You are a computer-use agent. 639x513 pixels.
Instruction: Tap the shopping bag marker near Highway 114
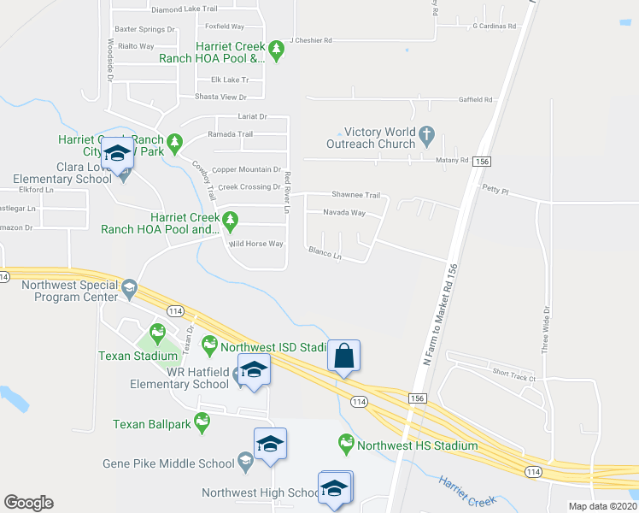click(x=343, y=356)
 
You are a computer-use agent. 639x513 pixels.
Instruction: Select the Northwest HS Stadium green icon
click(x=346, y=444)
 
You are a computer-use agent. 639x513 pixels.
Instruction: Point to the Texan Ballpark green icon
click(x=202, y=422)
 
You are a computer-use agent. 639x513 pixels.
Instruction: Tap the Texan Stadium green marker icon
click(x=158, y=332)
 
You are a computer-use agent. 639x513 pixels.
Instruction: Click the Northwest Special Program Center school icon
click(x=129, y=287)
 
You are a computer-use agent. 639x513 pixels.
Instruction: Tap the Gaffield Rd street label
click(x=476, y=100)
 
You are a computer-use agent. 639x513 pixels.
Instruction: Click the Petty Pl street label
click(x=495, y=187)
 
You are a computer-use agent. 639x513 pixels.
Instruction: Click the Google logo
click(x=28, y=503)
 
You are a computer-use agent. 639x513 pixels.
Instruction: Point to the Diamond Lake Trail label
click(x=184, y=9)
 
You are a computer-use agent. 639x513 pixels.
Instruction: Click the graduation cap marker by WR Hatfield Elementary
click(x=254, y=370)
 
